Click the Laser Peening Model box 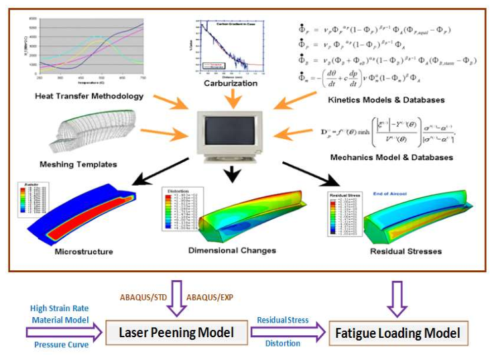175,333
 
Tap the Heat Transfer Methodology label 90,96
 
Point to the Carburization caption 230,84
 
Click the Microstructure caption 84,251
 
